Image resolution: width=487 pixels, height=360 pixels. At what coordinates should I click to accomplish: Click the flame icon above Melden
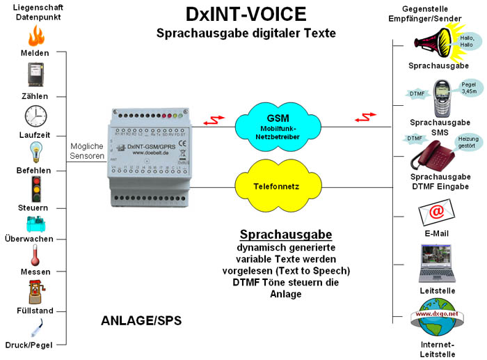coord(34,35)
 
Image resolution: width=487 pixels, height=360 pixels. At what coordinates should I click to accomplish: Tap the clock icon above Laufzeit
coord(35,115)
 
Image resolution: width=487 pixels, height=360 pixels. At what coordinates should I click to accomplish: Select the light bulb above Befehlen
coord(34,152)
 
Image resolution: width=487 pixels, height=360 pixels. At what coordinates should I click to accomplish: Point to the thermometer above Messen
coord(34,255)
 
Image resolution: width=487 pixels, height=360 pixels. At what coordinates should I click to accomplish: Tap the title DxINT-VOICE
coord(246,14)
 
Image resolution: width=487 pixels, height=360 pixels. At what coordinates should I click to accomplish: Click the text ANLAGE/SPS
coord(141,321)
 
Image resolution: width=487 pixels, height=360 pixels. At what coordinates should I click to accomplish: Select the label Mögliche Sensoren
coord(86,151)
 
